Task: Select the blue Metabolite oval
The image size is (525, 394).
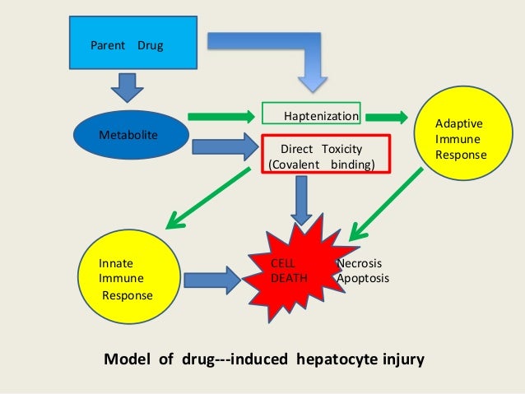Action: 128,134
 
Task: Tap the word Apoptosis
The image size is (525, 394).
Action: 363,278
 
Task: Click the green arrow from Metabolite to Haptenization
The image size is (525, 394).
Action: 218,115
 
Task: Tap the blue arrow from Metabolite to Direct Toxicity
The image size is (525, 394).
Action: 223,147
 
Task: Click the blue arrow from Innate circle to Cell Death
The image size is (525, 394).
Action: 211,280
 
